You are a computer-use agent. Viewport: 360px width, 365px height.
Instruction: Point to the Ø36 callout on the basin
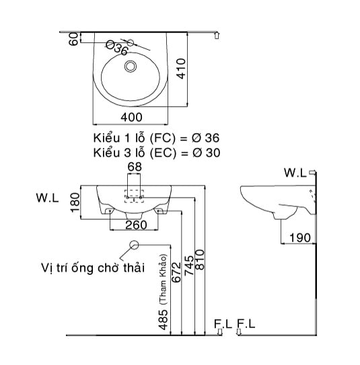tap(116, 48)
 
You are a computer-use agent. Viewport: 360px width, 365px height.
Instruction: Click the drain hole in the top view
tap(131, 66)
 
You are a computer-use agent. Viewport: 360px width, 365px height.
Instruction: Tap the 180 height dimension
tap(75, 200)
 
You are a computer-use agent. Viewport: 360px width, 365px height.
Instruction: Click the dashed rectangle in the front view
tap(134, 193)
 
